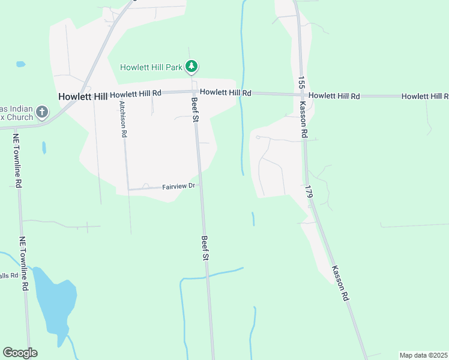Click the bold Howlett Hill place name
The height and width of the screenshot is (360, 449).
(82, 96)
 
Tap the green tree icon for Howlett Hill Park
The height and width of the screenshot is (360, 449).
(191, 65)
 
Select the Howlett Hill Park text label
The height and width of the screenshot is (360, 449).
(151, 67)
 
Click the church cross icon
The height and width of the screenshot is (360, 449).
(41, 111)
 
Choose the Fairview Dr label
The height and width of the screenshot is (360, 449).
(179, 187)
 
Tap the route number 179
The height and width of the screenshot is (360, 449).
(309, 193)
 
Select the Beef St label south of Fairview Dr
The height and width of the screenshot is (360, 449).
(205, 248)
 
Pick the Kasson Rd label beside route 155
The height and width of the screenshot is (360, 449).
(304, 123)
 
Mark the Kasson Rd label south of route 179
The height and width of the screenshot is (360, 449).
(339, 283)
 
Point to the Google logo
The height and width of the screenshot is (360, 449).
(20, 353)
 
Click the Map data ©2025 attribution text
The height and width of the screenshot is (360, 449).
(423, 355)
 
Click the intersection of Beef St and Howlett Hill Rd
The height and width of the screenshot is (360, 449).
(194, 92)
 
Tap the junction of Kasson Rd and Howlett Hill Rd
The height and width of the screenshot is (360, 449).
(301, 95)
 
